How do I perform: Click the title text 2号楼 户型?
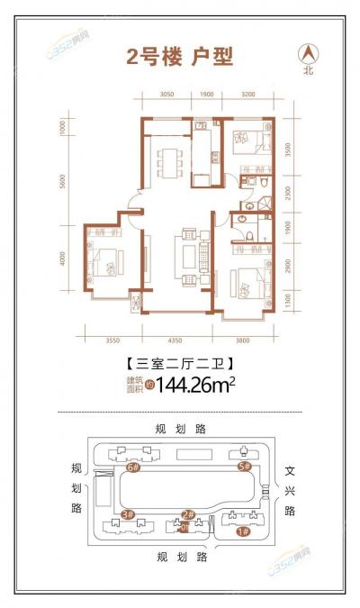point(179,58)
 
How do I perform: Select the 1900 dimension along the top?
point(206,94)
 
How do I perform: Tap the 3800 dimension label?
point(247,340)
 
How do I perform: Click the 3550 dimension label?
point(112,340)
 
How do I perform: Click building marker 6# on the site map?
point(133,468)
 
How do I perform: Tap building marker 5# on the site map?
point(242,467)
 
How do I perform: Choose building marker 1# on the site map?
point(241,532)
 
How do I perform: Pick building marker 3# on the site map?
point(127,515)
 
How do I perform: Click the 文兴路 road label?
point(290,490)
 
